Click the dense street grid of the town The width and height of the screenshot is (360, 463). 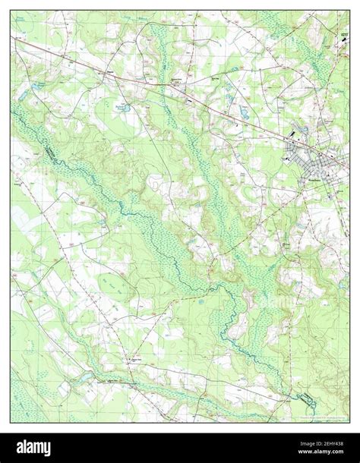point(311,163)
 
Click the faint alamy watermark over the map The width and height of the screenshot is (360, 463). point(180,220)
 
